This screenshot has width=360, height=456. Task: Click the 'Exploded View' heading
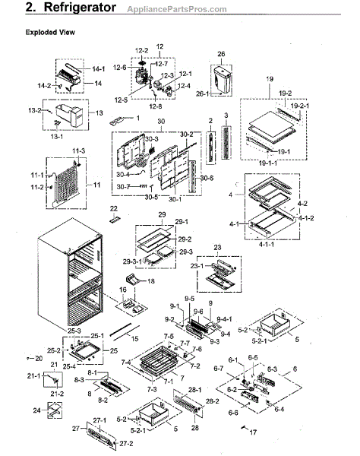tap(49, 34)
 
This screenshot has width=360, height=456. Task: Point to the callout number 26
tap(222, 55)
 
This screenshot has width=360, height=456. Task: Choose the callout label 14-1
tap(99, 68)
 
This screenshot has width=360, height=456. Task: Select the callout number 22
tap(114, 208)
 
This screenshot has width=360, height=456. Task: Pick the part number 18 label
tap(150, 281)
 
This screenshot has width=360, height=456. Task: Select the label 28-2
tap(212, 401)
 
